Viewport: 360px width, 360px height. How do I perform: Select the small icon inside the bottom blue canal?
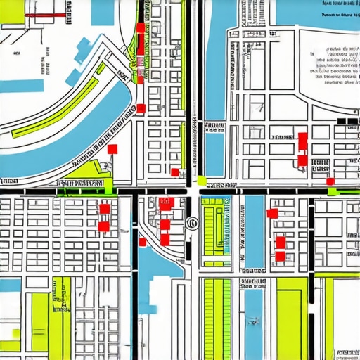click(x=254, y=321)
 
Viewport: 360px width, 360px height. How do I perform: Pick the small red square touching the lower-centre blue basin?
click(x=143, y=242)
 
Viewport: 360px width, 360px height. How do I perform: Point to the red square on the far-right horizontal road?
click(x=330, y=181)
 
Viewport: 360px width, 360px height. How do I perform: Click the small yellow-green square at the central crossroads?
click(x=202, y=180)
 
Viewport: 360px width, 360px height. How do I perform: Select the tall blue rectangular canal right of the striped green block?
click(x=254, y=232)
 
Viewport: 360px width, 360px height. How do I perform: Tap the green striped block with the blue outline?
click(x=216, y=225)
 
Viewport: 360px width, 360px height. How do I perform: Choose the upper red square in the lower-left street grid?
click(x=105, y=208)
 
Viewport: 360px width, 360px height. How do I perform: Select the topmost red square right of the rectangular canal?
click(x=272, y=213)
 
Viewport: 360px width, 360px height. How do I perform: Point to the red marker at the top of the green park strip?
click(x=140, y=27)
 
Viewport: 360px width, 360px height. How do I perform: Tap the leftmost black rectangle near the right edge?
click(x=342, y=122)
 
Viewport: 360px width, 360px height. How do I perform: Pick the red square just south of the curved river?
click(x=112, y=148)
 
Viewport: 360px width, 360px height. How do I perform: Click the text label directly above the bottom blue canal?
click(x=253, y=283)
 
